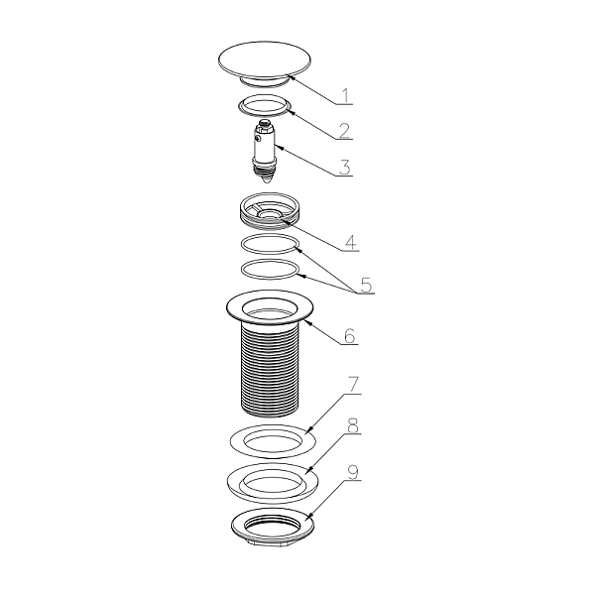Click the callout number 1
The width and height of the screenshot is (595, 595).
point(346,96)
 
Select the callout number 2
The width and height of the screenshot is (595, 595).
point(344,131)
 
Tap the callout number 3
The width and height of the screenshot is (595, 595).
point(344,167)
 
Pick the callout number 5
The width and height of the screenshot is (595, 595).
point(366,285)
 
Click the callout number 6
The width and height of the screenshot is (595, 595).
point(349,335)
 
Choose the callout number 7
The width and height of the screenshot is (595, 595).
point(353,385)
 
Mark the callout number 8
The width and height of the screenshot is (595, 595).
point(353,426)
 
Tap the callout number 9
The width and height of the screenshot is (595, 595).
point(353,472)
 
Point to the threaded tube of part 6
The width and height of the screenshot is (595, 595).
point(270,368)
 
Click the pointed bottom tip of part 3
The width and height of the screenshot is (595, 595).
point(266,182)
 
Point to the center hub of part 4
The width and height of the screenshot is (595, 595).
point(269,214)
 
